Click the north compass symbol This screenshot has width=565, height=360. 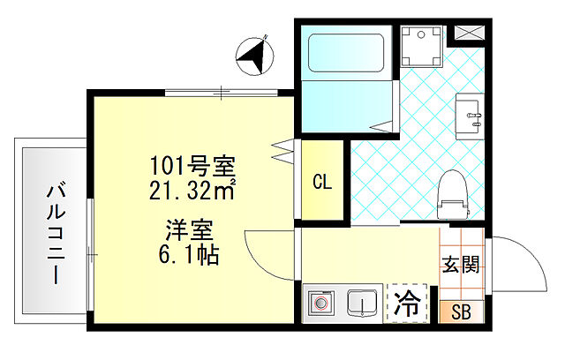(254, 56)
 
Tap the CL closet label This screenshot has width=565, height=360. (322, 183)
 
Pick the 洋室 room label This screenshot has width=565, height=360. (188, 234)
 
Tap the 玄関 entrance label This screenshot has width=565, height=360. (460, 265)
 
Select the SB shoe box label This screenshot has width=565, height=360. (461, 311)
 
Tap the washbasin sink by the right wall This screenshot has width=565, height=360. (469, 118)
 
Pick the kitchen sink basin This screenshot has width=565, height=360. (361, 304)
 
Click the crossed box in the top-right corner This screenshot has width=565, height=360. (467, 34)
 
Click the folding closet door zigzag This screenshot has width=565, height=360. (282, 150)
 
